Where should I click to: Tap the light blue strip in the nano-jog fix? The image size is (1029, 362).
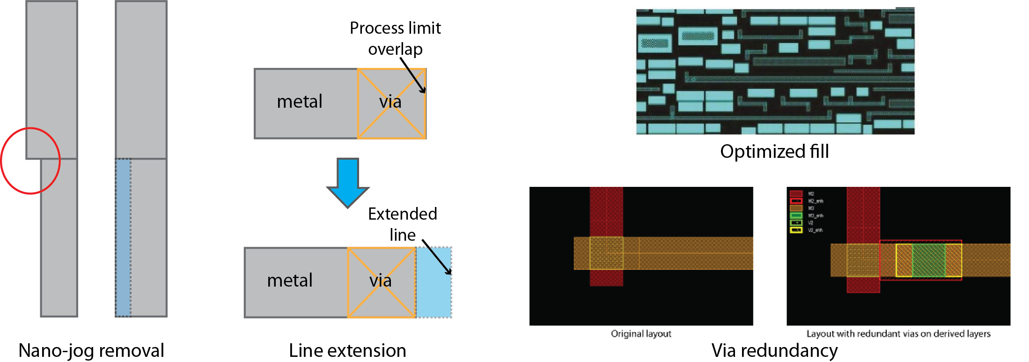[123, 237]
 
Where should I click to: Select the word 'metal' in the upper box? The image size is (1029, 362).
[300, 102]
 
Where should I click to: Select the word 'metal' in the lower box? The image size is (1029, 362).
[289, 281]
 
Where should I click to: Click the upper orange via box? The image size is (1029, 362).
[391, 103]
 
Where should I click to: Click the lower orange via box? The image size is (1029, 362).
[381, 282]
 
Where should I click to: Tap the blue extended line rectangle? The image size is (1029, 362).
[434, 282]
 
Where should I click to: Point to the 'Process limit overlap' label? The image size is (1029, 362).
[395, 38]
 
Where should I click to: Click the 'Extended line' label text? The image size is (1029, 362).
[402, 224]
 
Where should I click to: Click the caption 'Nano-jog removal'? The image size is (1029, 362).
[91, 350]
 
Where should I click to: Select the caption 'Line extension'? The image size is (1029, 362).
[347, 350]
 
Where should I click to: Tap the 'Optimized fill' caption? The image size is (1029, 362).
[774, 151]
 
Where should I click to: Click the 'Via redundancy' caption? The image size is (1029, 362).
[774, 350]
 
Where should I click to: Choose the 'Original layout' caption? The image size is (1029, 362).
[641, 333]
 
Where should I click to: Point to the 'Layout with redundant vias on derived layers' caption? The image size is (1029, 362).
[898, 333]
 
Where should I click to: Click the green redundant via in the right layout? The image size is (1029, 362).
[928, 260]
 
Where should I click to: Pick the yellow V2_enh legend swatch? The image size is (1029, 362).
[796, 230]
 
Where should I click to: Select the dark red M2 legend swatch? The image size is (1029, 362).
[796, 193]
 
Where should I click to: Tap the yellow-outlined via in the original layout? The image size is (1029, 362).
[606, 253]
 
